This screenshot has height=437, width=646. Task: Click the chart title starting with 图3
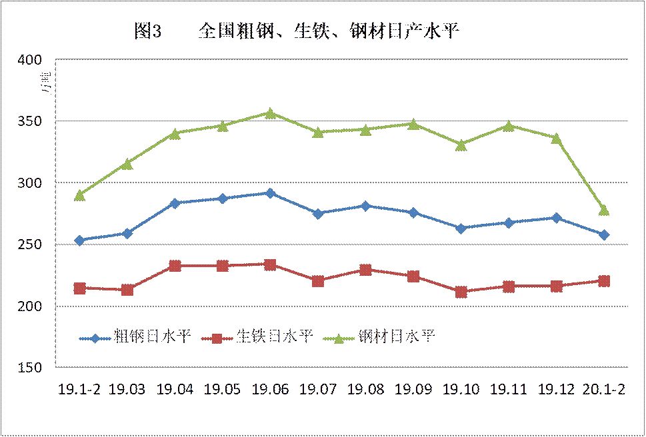(297, 31)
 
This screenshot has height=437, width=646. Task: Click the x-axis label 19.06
(270, 390)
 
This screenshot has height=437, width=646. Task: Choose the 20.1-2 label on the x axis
(604, 390)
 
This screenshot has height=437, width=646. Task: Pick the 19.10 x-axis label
(461, 390)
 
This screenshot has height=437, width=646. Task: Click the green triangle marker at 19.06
(270, 113)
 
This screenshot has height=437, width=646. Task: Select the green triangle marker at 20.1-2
(604, 211)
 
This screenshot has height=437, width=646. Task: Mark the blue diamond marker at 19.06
(270, 193)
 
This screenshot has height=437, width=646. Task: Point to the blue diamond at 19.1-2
(79, 240)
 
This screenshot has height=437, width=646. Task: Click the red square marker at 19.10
(461, 292)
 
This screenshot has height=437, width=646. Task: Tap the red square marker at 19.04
(175, 266)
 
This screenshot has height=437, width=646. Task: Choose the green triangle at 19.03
(127, 163)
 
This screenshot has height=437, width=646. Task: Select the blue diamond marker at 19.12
(556, 218)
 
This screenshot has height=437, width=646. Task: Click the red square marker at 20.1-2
(604, 281)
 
